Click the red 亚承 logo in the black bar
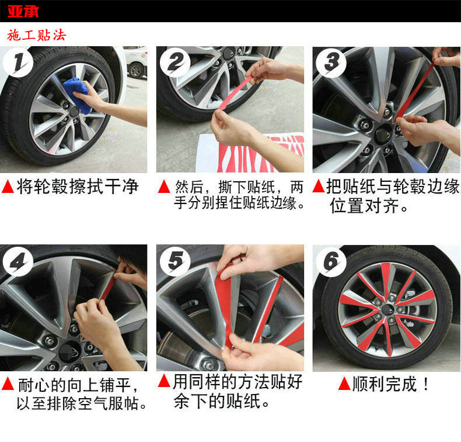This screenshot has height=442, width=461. tap(23, 11)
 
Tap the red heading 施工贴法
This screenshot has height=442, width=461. tap(36, 35)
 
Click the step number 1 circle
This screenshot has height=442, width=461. tap(18, 63)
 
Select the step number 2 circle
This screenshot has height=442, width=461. tap(175, 63)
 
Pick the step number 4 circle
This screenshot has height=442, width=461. tap(18, 262)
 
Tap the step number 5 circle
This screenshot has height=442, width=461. tap(175, 262)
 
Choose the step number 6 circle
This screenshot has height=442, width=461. tap(331, 262)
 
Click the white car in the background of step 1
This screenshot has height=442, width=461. tap(135, 63)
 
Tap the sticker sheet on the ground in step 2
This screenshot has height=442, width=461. tap(250, 153)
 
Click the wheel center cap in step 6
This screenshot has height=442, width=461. tap(387, 309)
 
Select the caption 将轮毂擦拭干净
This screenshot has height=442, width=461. tap(78, 187)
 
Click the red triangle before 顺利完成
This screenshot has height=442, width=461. tap(344, 384)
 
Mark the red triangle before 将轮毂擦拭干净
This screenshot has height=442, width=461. tap(8, 187)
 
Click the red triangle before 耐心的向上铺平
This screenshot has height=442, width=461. tap(8, 384)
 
